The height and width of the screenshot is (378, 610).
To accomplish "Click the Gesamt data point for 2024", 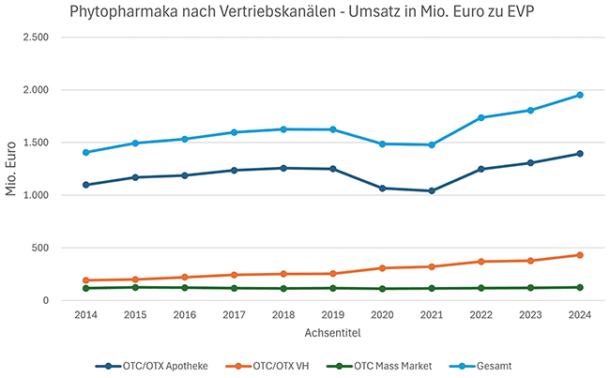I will click(x=580, y=95).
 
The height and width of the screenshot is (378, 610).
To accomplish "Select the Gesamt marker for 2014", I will click(x=86, y=152).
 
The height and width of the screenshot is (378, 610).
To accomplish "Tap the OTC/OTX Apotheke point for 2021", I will click(x=432, y=191).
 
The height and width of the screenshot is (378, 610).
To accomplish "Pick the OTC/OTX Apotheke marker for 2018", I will click(x=283, y=168).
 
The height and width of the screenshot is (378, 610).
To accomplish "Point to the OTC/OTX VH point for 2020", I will click(x=382, y=268).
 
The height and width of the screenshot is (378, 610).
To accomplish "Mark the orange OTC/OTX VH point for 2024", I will click(x=580, y=255).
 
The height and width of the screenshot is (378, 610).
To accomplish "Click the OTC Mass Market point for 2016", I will click(x=185, y=287).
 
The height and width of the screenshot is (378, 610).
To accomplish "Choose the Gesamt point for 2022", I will click(x=481, y=117).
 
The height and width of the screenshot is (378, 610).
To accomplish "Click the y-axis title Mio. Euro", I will click(x=12, y=169).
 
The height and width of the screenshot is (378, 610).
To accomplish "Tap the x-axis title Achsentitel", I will click(x=333, y=333).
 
